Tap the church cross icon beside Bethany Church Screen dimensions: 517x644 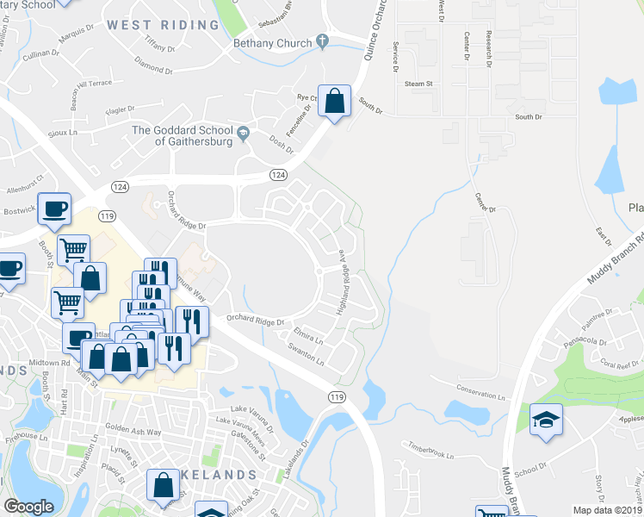(323, 40)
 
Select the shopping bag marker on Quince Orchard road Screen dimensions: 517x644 (334, 102)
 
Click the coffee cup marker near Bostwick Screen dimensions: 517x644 (55, 209)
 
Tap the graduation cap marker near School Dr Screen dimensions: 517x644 (546, 420)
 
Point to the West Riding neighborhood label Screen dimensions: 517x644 (164, 25)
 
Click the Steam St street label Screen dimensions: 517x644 (418, 84)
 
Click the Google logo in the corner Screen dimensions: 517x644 (28, 506)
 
